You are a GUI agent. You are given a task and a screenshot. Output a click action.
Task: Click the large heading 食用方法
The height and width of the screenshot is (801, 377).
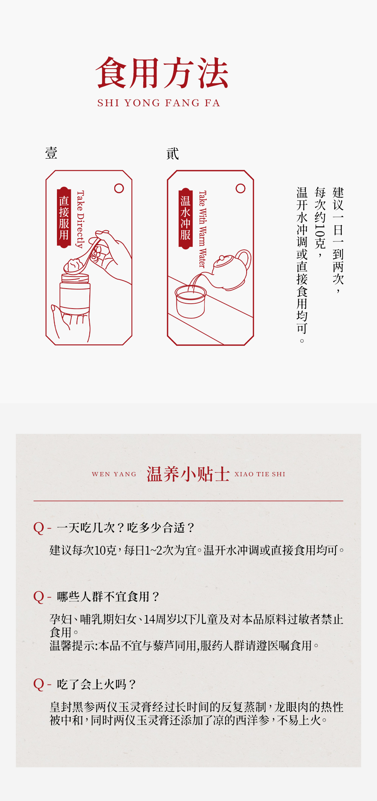(162, 73)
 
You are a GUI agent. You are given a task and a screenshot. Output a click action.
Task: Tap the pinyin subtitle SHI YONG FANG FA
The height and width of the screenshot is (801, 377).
(159, 103)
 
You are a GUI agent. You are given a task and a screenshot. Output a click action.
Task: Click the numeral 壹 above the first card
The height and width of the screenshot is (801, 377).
(51, 153)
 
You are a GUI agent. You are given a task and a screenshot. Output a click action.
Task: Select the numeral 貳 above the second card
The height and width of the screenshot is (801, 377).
(173, 153)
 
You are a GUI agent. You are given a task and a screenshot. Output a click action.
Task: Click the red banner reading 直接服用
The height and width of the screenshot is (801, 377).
(64, 217)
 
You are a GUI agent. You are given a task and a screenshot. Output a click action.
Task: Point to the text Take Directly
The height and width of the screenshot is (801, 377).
(80, 219)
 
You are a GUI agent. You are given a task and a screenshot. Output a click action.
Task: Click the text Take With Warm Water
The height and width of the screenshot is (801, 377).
(202, 229)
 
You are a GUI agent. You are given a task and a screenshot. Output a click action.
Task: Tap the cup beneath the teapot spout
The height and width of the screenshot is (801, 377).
(191, 301)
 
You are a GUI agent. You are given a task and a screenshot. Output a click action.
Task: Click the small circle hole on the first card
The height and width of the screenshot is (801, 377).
(119, 188)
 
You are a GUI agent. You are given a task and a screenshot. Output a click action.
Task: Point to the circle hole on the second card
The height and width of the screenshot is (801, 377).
(241, 188)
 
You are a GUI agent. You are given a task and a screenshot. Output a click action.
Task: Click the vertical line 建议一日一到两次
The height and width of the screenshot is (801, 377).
(338, 240)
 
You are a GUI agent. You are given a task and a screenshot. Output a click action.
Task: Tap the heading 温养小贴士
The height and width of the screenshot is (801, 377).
(188, 474)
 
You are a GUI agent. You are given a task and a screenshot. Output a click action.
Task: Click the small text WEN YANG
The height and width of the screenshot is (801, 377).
(114, 474)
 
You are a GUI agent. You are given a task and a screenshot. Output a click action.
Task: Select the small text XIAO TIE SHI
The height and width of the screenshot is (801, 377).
(260, 474)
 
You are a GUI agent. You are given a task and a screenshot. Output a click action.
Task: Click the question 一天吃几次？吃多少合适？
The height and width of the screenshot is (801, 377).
(126, 527)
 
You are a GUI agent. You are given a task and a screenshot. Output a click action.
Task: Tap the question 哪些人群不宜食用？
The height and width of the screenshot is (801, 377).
(108, 597)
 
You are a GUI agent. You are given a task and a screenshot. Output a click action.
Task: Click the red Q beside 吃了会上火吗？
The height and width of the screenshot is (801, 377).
(38, 684)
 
